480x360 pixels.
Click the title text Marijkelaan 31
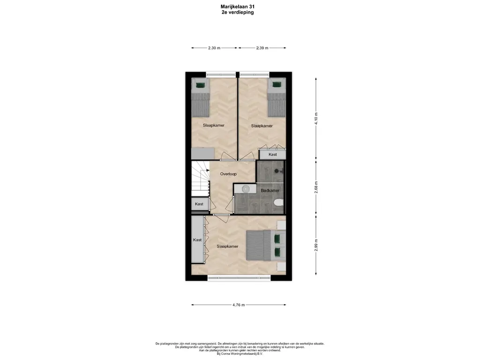point(238,7)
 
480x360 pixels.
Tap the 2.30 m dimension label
point(214,48)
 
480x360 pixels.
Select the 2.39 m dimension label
point(262,48)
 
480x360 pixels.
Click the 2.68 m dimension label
point(316,187)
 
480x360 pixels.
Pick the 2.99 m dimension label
point(316,245)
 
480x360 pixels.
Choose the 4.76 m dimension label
point(239,305)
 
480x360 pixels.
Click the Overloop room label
point(228,174)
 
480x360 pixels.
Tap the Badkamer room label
point(270,190)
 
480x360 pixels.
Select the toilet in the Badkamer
point(278,202)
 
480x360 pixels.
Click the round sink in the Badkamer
point(246,189)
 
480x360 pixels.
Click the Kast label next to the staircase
point(199,204)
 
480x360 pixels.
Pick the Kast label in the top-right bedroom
point(272,154)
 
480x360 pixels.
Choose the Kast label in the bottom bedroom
point(197,240)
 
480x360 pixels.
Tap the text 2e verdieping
point(238,13)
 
